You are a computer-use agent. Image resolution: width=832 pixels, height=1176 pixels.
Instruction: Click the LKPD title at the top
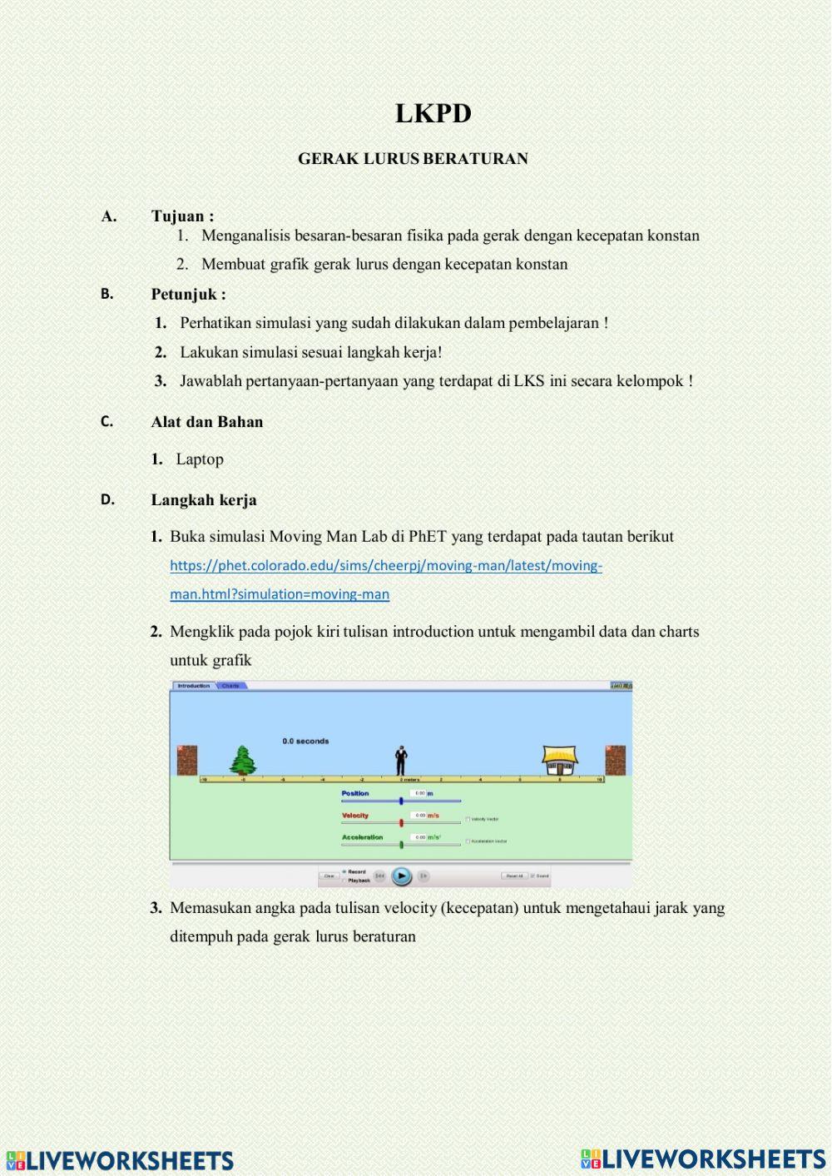tap(433, 114)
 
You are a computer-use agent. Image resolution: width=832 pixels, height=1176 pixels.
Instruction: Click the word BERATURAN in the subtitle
tap(486, 159)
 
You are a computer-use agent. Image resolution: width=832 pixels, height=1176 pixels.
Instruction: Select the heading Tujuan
tap(181, 216)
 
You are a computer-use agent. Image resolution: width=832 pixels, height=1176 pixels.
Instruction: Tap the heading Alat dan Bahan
tap(206, 422)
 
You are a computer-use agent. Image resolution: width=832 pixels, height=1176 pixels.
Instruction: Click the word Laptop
tap(200, 459)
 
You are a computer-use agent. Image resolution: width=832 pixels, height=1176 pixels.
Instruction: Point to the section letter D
tap(107, 500)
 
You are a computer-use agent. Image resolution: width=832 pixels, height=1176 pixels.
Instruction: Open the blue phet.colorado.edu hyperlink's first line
tap(386, 566)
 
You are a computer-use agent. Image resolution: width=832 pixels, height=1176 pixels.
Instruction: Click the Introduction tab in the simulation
tap(194, 686)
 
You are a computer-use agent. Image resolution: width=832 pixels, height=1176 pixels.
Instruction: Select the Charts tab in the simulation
tap(231, 686)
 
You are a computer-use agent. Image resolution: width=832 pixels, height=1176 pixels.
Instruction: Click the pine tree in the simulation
tap(242, 760)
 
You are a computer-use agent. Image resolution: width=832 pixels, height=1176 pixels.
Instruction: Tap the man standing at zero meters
tap(401, 759)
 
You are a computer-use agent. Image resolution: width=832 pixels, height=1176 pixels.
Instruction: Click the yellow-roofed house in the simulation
tap(560, 759)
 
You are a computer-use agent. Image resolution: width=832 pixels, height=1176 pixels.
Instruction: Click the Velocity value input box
tap(419, 816)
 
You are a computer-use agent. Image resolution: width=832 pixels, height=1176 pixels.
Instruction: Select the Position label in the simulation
tap(355, 793)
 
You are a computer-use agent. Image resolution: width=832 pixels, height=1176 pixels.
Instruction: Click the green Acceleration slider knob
tap(401, 845)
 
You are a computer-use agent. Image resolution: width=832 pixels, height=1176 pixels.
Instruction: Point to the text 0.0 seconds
tap(305, 741)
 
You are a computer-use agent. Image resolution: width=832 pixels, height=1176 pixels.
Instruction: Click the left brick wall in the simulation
tap(187, 760)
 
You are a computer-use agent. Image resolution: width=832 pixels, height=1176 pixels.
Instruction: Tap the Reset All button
tap(514, 876)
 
